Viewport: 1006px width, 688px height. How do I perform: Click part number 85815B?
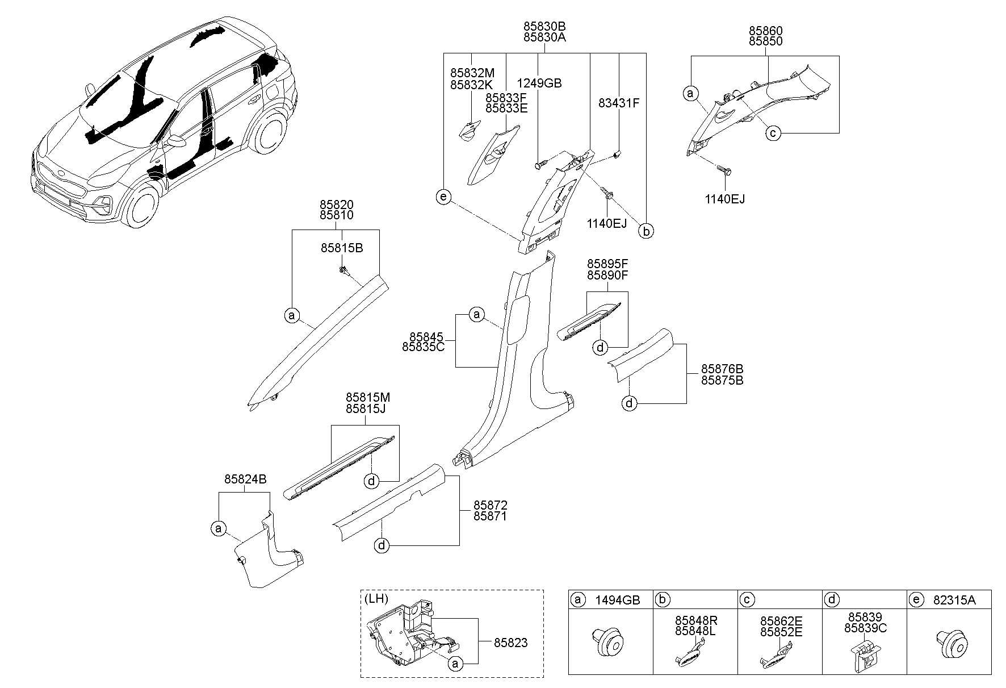tap(341, 248)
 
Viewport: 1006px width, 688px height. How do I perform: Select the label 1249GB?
tap(539, 84)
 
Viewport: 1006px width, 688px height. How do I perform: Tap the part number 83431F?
tap(619, 103)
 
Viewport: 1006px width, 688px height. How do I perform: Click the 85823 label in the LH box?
tap(510, 643)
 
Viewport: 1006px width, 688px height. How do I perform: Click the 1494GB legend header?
tap(617, 600)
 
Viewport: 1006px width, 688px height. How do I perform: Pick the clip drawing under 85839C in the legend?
tap(864, 656)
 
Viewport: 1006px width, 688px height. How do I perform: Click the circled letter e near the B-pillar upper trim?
tap(443, 197)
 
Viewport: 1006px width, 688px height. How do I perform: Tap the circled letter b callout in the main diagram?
tap(645, 231)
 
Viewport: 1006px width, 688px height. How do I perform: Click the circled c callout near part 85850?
tap(773, 133)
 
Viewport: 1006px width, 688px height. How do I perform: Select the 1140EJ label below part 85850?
tap(726, 199)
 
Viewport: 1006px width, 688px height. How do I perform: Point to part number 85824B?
tap(245, 479)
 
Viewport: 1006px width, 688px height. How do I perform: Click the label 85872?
tap(491, 505)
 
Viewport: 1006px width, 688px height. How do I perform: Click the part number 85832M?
tap(472, 73)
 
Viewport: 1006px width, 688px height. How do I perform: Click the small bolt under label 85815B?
tap(343, 270)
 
